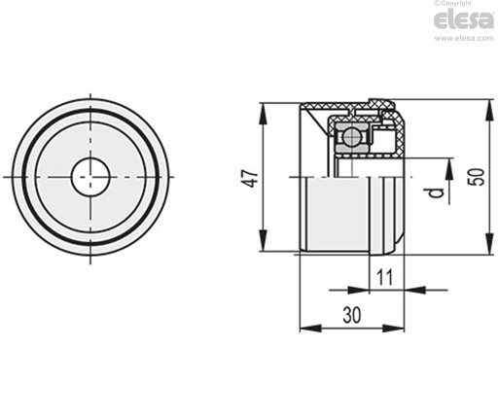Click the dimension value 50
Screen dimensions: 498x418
pos(478,177)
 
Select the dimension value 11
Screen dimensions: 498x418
pos(385,277)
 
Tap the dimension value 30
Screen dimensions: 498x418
pos(352,315)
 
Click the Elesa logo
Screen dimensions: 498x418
pos(464,20)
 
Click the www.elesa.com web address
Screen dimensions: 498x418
pos(464,38)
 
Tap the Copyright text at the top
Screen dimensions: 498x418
pos(452,3)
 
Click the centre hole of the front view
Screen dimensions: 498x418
pos(90,177)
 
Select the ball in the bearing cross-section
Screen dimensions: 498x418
pos(352,136)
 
